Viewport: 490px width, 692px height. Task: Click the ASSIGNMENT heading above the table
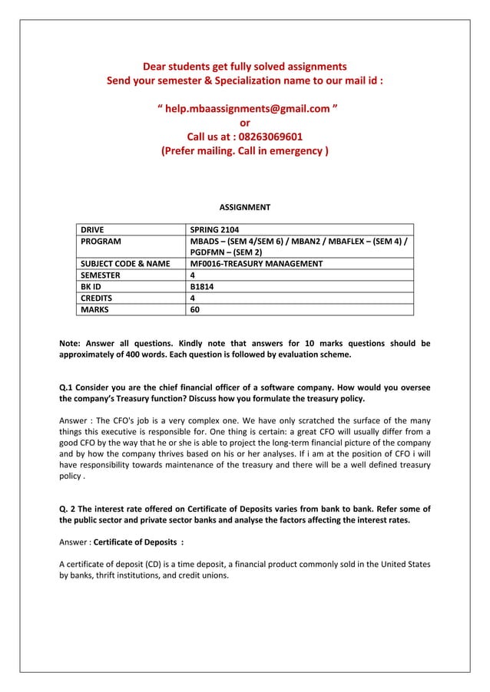tap(245, 207)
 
